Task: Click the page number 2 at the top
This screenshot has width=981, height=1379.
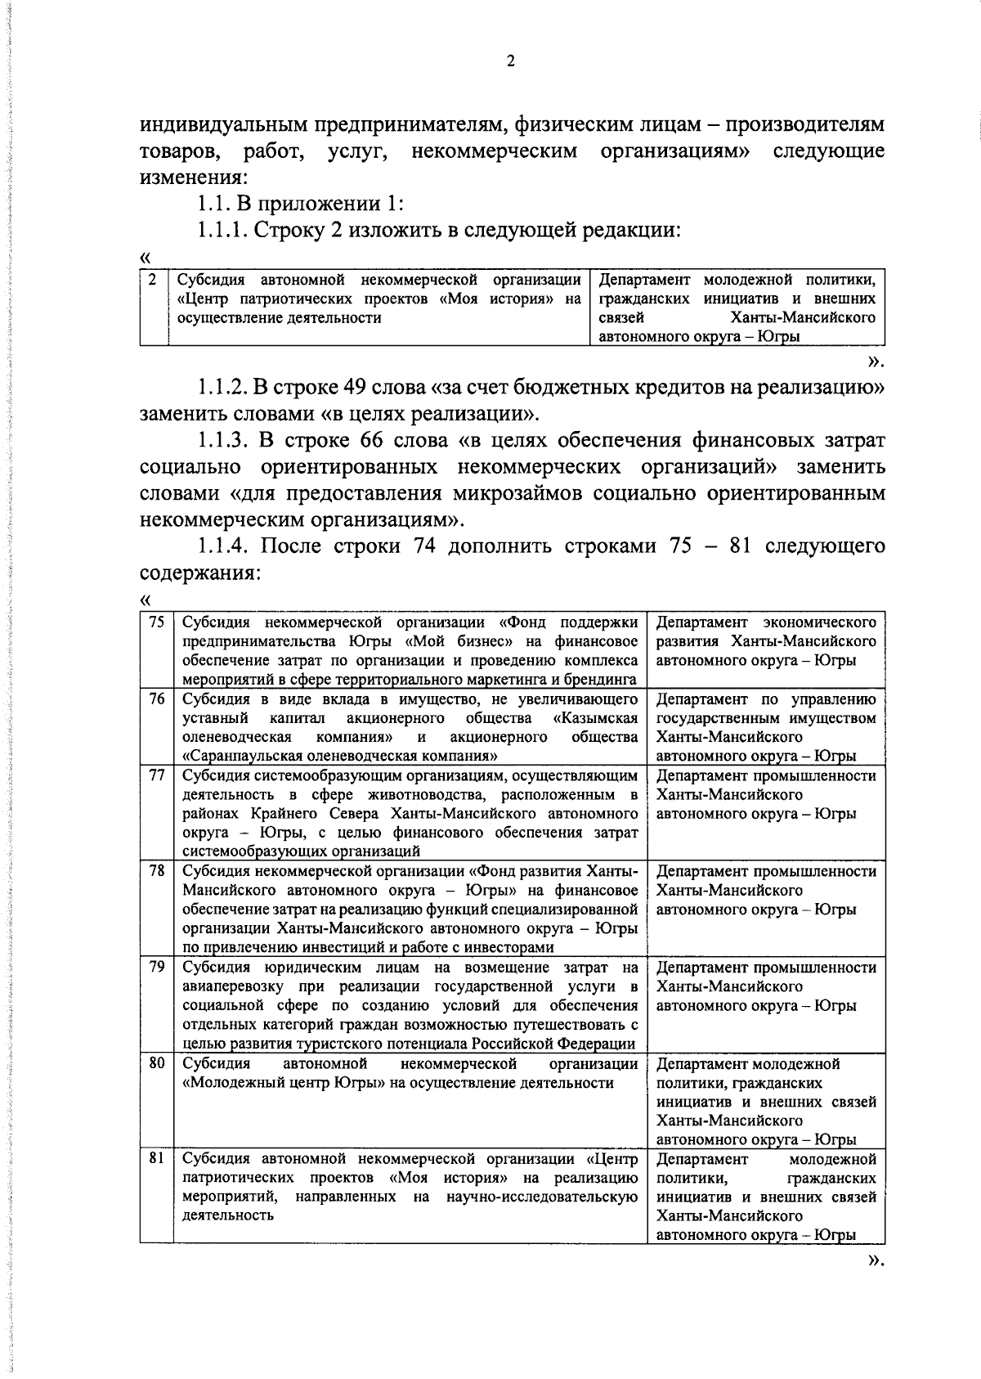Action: click(510, 61)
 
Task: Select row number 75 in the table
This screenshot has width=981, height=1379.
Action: click(156, 622)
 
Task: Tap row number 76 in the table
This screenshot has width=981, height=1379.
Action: click(156, 698)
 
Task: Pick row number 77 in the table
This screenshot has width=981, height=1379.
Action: click(156, 775)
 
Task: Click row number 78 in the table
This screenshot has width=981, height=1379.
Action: click(156, 871)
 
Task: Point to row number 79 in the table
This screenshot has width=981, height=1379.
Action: click(156, 967)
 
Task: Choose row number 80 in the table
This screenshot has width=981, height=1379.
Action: click(156, 1063)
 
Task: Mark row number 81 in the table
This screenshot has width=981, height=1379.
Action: click(156, 1159)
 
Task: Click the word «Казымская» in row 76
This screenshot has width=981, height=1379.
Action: click(595, 718)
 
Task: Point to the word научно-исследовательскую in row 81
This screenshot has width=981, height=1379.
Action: click(542, 1197)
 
